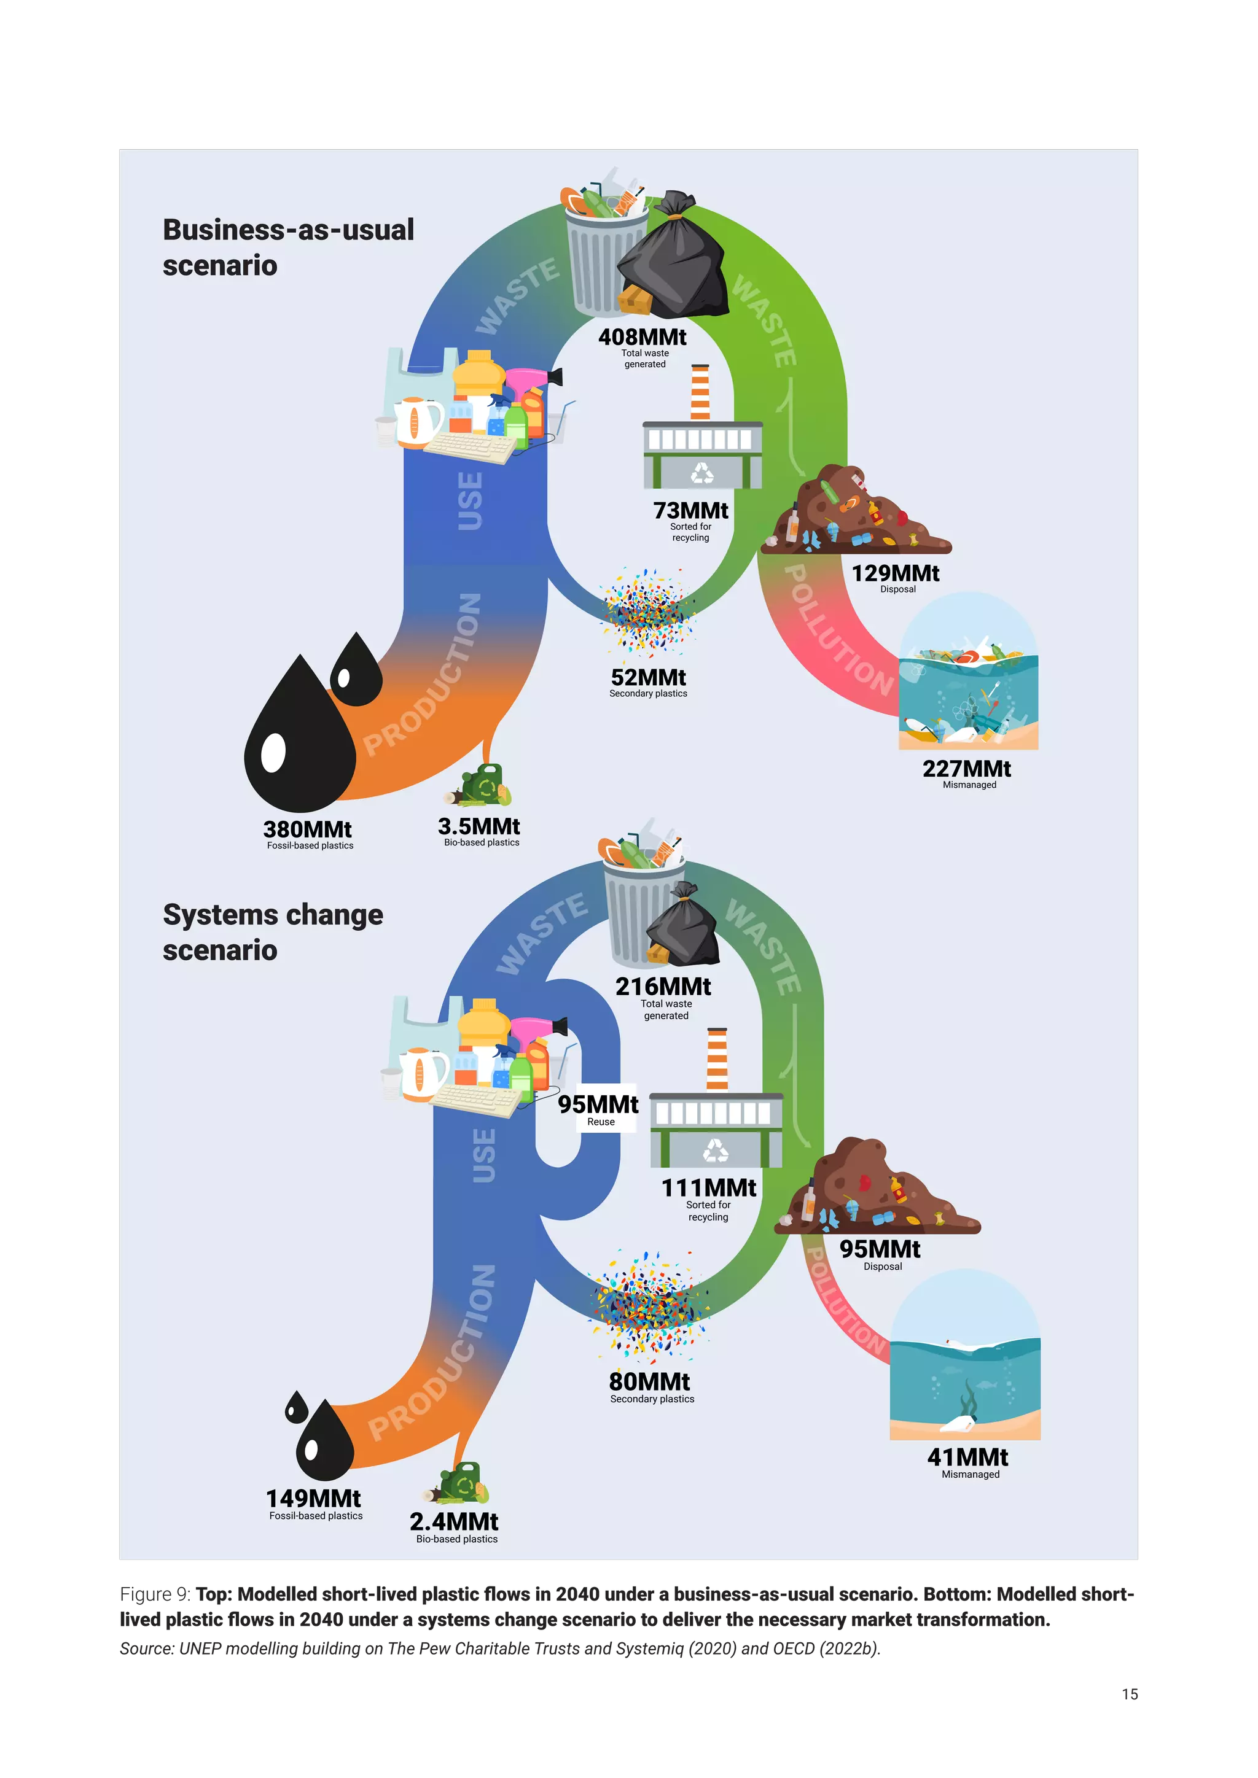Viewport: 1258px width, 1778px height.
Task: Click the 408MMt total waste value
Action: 642,338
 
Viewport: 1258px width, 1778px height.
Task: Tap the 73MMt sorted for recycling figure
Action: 690,511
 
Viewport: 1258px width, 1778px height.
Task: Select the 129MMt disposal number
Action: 895,574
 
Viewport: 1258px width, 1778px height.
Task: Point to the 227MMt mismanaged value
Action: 967,769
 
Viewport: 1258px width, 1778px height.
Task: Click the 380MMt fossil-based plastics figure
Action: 308,829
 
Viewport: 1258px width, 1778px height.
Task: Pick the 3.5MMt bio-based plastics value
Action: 479,826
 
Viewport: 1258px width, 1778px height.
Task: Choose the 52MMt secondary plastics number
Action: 649,678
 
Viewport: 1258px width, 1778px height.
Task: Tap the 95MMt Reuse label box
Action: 599,1109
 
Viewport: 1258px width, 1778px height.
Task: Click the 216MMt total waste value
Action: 663,987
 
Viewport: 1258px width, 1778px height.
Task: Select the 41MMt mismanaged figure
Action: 967,1458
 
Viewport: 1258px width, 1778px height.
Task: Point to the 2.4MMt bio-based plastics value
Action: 454,1522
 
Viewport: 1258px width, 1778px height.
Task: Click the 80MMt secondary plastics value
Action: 649,1381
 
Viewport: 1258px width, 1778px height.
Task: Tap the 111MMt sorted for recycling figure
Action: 709,1188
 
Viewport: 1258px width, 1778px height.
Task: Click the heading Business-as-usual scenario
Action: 288,247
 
